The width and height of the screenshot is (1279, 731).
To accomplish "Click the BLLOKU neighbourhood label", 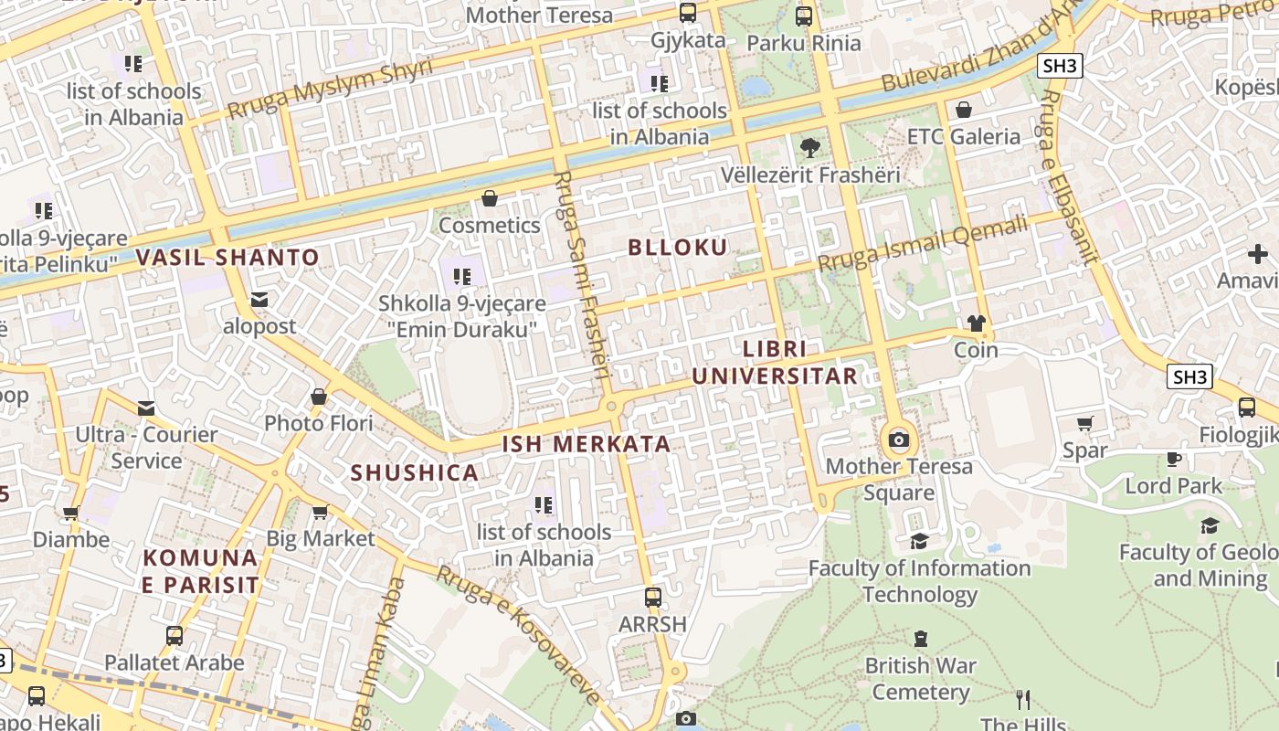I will coord(677,248).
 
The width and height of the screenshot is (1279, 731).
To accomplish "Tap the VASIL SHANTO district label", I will coord(227,258).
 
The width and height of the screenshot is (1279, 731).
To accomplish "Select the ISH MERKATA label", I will coord(587,445).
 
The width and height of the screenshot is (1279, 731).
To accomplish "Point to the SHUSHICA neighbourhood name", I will coord(415,472).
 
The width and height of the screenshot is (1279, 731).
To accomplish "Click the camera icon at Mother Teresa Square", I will coord(899,440).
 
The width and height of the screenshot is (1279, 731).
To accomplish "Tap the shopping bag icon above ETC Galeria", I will coord(963,111).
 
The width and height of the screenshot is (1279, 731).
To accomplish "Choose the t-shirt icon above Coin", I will coord(976,323).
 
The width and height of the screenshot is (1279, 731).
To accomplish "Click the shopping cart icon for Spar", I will coord(1084,424).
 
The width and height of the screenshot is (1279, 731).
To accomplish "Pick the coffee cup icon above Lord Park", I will coord(1173,459).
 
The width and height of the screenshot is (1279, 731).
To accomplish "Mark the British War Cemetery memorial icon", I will coord(921,639).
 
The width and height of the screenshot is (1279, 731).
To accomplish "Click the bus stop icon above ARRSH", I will coord(652,598).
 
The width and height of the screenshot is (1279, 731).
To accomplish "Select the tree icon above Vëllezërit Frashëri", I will coord(809,147).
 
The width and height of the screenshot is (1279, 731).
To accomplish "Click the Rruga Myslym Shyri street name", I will coord(330,90).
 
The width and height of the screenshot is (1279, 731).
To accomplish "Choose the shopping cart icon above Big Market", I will coord(320,513).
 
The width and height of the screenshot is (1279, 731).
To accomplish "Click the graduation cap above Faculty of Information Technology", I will coord(919,542).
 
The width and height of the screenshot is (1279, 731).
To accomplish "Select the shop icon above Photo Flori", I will coord(318,397).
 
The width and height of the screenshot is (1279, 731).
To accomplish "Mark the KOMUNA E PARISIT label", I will coord(200,571).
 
